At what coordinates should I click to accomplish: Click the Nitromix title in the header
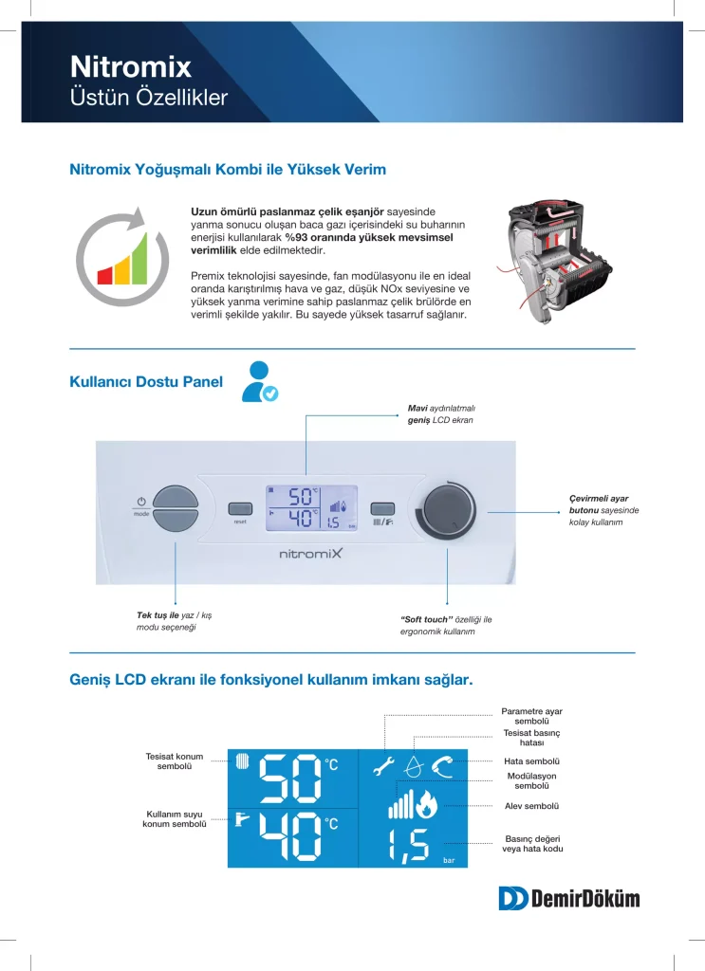(x=131, y=66)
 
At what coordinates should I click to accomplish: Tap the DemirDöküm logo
(x=568, y=898)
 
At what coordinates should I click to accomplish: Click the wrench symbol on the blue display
(x=383, y=766)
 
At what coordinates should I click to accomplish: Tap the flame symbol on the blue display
(x=426, y=804)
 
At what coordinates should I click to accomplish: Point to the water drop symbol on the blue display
(x=413, y=765)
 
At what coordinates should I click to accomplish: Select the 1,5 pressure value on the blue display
(x=409, y=845)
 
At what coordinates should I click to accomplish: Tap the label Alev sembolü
(x=531, y=806)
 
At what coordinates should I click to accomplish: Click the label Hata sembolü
(x=531, y=760)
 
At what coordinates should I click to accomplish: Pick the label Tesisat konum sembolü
(x=174, y=760)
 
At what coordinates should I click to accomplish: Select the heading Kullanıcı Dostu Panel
(x=146, y=382)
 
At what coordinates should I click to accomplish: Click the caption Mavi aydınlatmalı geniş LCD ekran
(x=434, y=413)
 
